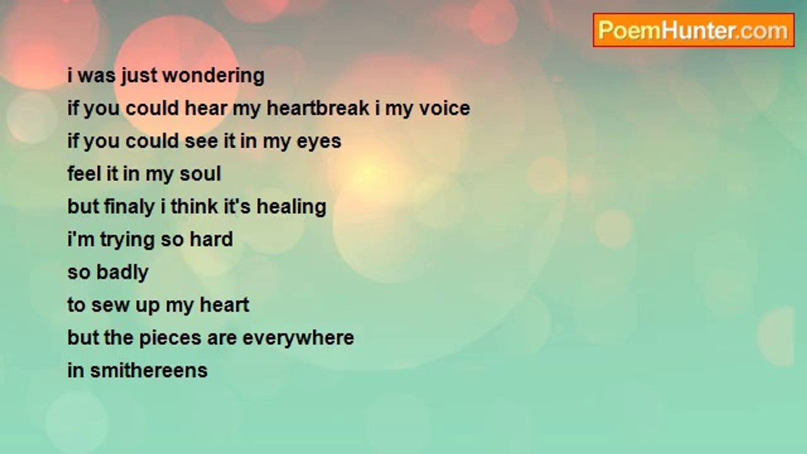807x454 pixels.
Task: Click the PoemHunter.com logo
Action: tap(694, 30)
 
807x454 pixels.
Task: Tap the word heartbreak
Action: tap(318, 108)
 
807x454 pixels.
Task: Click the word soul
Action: tap(200, 173)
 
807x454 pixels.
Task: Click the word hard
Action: tap(211, 239)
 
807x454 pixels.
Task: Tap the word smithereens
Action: tap(149, 370)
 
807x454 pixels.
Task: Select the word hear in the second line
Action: tap(206, 108)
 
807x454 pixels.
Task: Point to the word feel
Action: tap(84, 173)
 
